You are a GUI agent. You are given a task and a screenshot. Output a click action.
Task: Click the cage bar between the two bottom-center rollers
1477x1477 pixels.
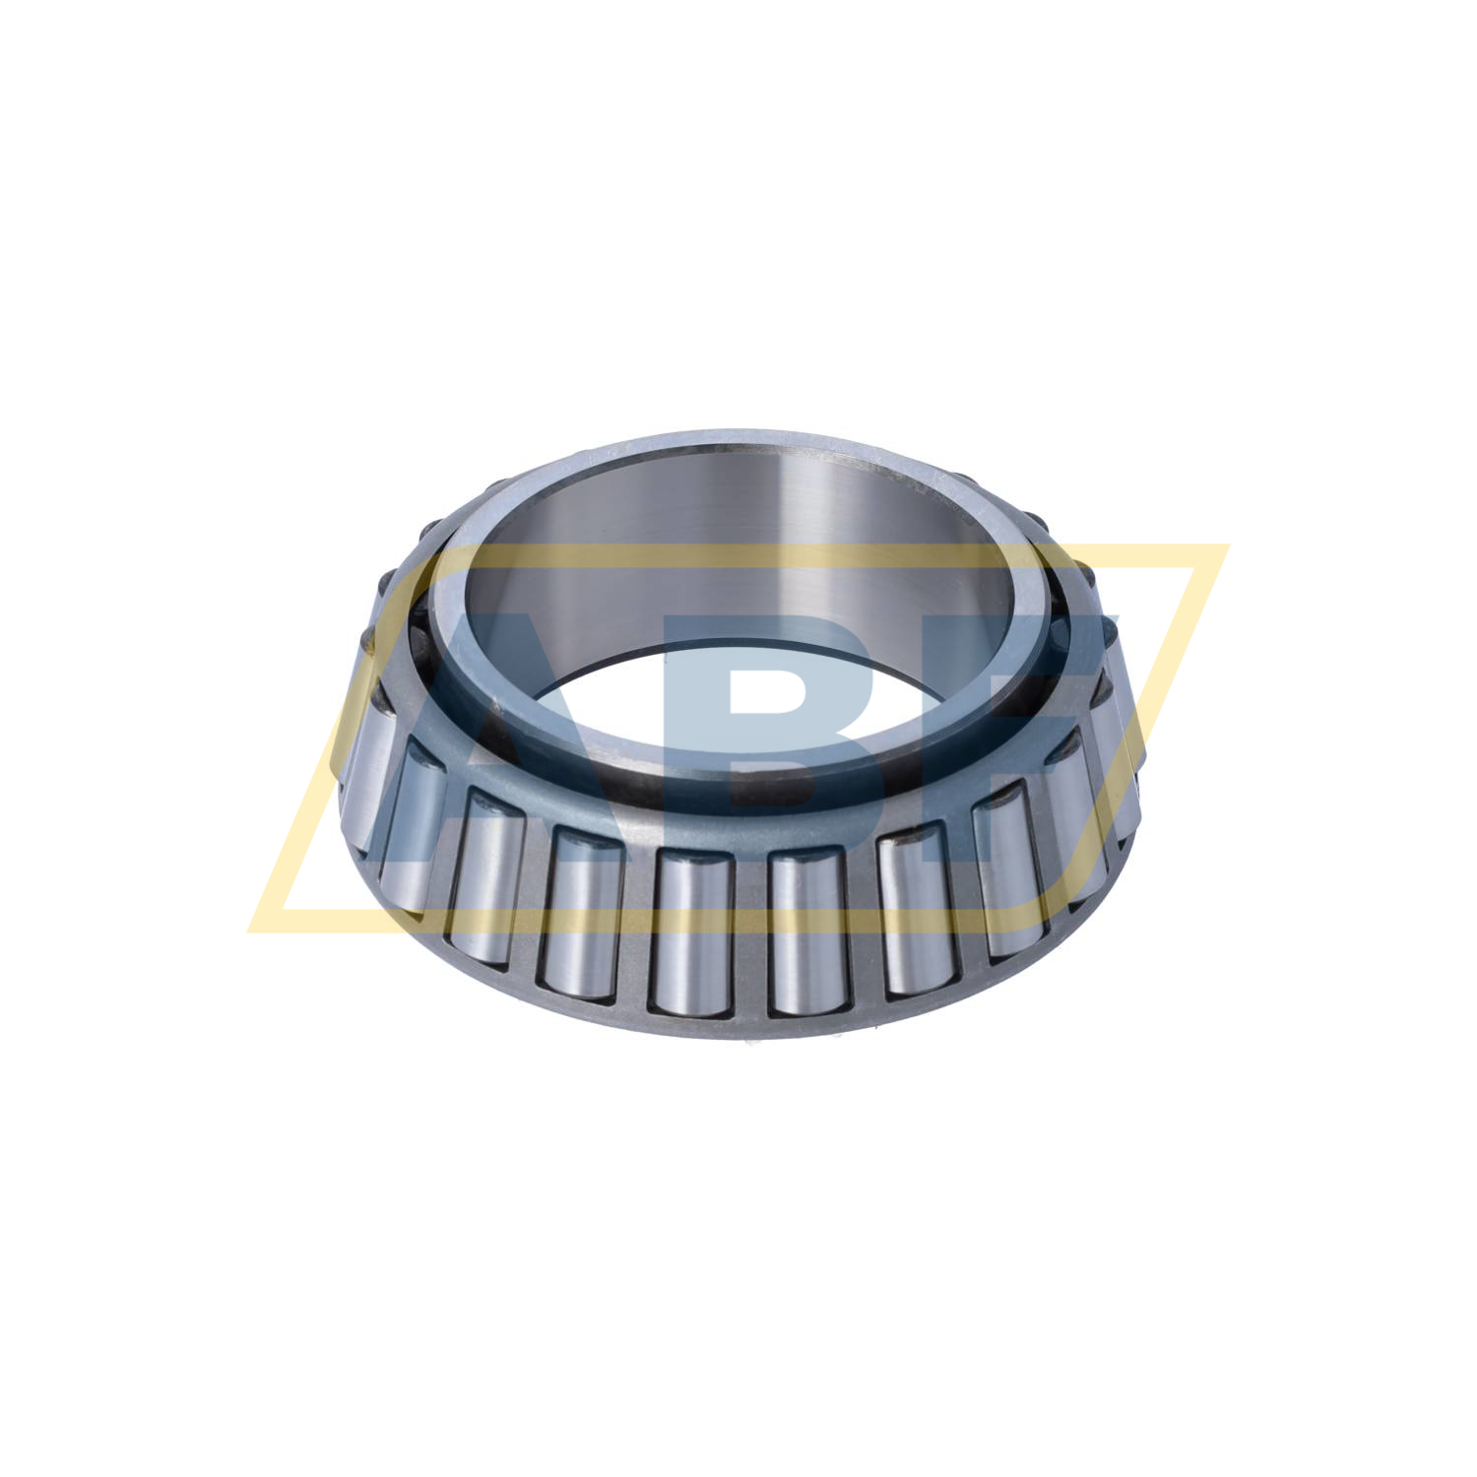748,935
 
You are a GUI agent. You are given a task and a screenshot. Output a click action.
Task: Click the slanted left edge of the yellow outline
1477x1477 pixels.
350,738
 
